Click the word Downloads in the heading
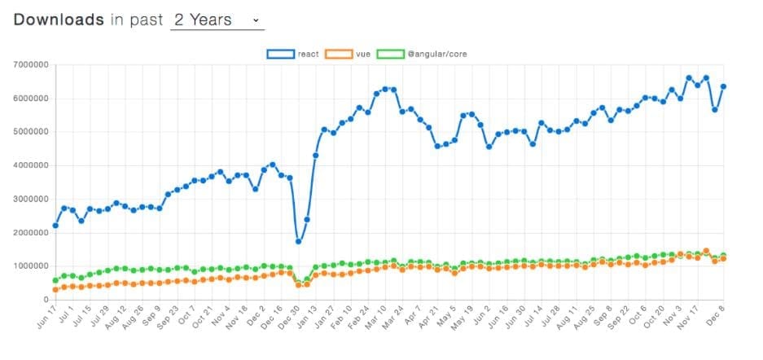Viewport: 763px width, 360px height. click(x=59, y=20)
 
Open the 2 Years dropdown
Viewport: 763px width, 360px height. click(x=217, y=20)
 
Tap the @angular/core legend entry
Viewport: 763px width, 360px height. click(x=423, y=54)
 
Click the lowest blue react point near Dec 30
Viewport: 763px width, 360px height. click(x=299, y=241)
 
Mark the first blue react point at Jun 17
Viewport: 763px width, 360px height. click(x=55, y=226)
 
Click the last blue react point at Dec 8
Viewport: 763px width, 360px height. click(x=723, y=86)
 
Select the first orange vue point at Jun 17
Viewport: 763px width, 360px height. click(x=55, y=289)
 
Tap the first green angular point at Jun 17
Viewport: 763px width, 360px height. click(x=55, y=280)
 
